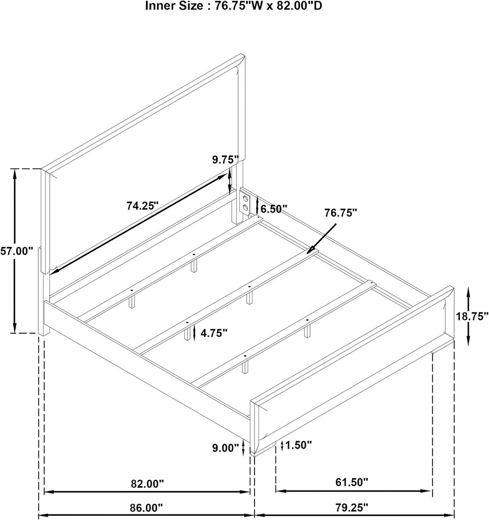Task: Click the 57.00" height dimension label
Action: click(x=17, y=251)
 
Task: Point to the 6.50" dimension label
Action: click(x=274, y=208)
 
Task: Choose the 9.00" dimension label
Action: click(x=225, y=448)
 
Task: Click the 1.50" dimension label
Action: click(x=298, y=444)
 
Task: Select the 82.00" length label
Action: click(x=148, y=484)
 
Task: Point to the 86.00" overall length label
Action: click(x=147, y=507)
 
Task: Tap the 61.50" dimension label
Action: click(x=352, y=482)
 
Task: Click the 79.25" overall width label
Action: click(x=352, y=507)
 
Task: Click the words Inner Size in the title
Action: click(x=174, y=6)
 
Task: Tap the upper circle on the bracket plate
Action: click(x=245, y=199)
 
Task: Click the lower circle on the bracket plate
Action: click(x=245, y=208)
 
